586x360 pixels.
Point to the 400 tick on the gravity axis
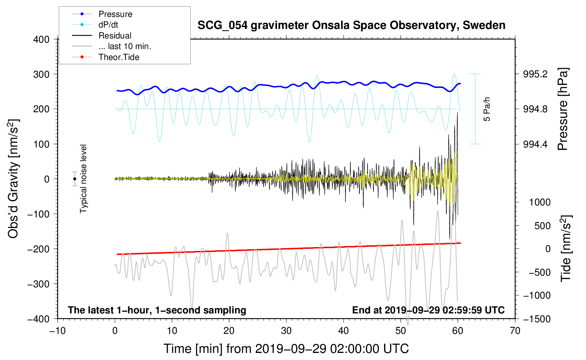[x=42, y=40]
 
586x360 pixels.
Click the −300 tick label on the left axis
[x=38, y=284]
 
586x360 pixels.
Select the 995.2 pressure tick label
[x=535, y=74]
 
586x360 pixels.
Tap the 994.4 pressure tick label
[x=535, y=144]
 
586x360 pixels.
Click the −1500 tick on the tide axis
[x=538, y=319]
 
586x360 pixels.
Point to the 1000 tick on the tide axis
[x=540, y=202]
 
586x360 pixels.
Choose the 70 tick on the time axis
[x=515, y=331]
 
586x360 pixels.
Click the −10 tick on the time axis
[x=58, y=331]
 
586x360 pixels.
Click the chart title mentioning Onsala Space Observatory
[x=351, y=25]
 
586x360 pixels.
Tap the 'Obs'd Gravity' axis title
[x=13, y=179]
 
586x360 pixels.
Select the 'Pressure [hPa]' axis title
[x=563, y=109]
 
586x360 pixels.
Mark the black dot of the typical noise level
[x=74, y=179]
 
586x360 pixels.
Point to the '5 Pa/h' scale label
[x=487, y=109]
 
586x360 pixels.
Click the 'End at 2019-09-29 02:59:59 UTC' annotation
[x=428, y=310]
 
